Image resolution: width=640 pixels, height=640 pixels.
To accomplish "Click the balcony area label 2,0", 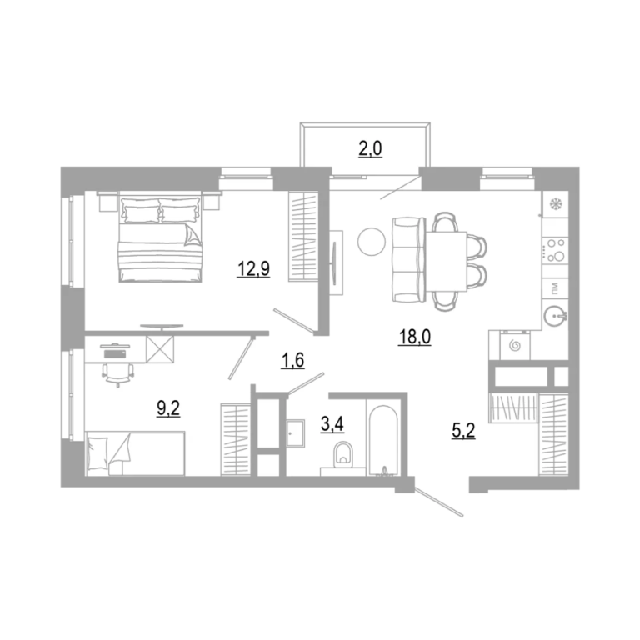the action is click(x=370, y=149).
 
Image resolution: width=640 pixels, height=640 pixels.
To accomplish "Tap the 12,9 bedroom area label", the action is click(x=253, y=269).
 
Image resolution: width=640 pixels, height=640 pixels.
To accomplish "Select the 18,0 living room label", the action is click(x=414, y=337).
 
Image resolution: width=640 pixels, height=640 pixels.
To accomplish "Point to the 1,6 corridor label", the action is click(x=292, y=360).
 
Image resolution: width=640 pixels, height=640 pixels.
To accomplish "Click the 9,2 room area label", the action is click(x=168, y=408).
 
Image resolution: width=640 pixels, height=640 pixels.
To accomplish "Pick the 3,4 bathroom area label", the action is click(x=332, y=424).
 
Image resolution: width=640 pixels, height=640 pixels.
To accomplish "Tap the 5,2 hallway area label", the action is click(x=463, y=430).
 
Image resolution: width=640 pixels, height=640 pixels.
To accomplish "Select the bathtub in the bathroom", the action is click(x=382, y=440).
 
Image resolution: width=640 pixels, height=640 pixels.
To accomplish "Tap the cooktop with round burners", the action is click(x=555, y=250).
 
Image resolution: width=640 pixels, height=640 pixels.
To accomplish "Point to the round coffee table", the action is click(x=372, y=242).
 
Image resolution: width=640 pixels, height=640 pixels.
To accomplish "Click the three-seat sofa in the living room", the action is click(x=407, y=260).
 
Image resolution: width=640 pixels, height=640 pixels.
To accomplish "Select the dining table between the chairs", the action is click(x=446, y=261).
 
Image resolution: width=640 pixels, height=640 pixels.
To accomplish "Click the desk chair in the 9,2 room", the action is click(x=118, y=374).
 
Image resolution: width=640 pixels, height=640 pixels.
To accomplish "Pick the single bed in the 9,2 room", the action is click(x=136, y=453).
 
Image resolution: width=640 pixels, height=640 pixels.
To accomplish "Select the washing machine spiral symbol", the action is click(x=515, y=346).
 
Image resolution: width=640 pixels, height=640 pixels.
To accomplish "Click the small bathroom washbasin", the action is click(x=295, y=433).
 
